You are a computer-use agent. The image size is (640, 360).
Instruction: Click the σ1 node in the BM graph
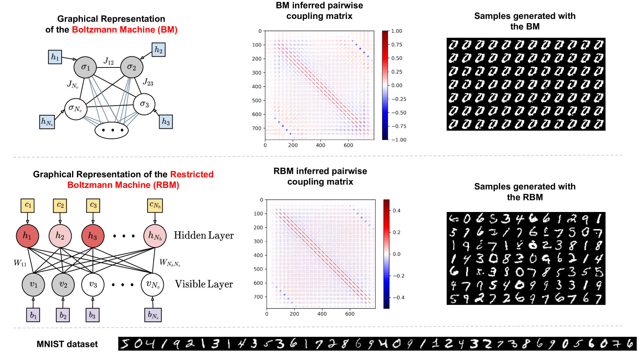point(85,67)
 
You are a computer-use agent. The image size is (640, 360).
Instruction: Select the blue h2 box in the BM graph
point(158,50)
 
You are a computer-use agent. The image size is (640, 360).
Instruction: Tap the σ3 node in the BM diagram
point(144,104)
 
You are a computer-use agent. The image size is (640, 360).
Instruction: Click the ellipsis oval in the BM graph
point(112,130)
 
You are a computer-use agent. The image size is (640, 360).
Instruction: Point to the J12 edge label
point(109,61)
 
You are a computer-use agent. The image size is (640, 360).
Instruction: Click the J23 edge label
point(148,82)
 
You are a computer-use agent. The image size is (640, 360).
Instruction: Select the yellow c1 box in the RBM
point(28,205)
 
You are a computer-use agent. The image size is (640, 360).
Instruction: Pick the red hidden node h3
point(92,236)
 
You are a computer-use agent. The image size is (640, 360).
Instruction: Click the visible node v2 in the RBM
point(63,284)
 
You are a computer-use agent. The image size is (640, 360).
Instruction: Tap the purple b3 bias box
point(92,315)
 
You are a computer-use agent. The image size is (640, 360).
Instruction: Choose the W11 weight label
point(20,263)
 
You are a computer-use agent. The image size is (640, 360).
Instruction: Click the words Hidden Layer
point(203,236)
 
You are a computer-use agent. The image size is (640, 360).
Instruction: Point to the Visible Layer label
point(204,284)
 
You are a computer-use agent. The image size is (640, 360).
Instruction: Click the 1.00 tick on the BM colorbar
point(396,31)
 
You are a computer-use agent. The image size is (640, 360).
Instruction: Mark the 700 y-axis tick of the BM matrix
point(257,128)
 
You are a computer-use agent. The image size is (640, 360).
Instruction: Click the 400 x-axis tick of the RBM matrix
point(322,314)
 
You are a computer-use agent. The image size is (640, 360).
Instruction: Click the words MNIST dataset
point(67,344)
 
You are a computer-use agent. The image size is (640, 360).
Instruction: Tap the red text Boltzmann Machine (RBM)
point(123,185)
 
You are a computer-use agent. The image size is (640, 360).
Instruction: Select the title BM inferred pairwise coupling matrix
point(319,11)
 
